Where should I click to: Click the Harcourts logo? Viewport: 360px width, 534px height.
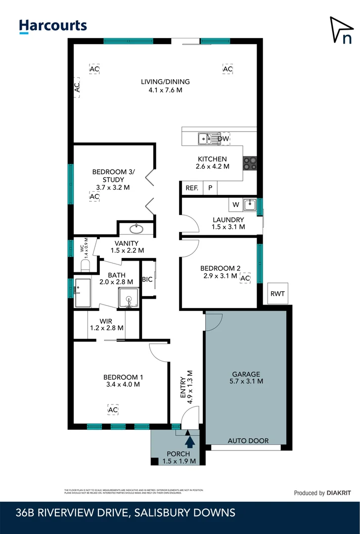pyautogui.click(x=52, y=26)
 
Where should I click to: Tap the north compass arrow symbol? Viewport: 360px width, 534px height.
pyautogui.click(x=342, y=30)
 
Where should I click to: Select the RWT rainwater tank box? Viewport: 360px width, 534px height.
pyautogui.click(x=277, y=294)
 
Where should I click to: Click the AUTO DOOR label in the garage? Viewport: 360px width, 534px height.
pyautogui.click(x=248, y=441)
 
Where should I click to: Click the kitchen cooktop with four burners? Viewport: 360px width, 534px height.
pyautogui.click(x=250, y=163)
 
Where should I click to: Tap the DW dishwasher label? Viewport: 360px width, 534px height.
pyautogui.click(x=224, y=139)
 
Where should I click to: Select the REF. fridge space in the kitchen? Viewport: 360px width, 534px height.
pyautogui.click(x=191, y=188)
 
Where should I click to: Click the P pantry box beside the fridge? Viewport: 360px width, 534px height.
pyautogui.click(x=210, y=188)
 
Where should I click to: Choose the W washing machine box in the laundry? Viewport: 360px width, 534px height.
pyautogui.click(x=235, y=204)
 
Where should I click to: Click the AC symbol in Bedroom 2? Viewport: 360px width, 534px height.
pyautogui.click(x=245, y=279)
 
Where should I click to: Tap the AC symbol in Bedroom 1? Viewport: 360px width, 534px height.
pyautogui.click(x=113, y=409)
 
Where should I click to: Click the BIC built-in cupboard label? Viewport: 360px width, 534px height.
pyautogui.click(x=147, y=279)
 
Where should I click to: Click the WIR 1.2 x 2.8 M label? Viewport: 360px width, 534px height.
pyautogui.click(x=105, y=324)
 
